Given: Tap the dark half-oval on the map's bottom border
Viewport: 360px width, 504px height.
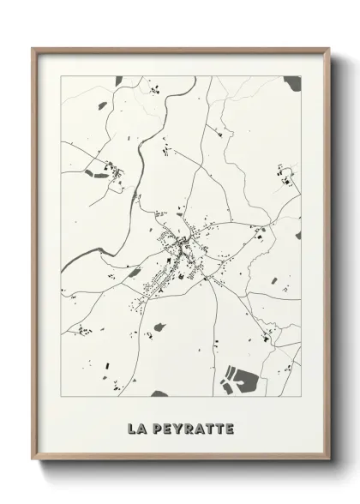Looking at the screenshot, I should [x=159, y=394].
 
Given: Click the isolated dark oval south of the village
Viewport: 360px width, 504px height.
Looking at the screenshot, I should [x=159, y=326].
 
